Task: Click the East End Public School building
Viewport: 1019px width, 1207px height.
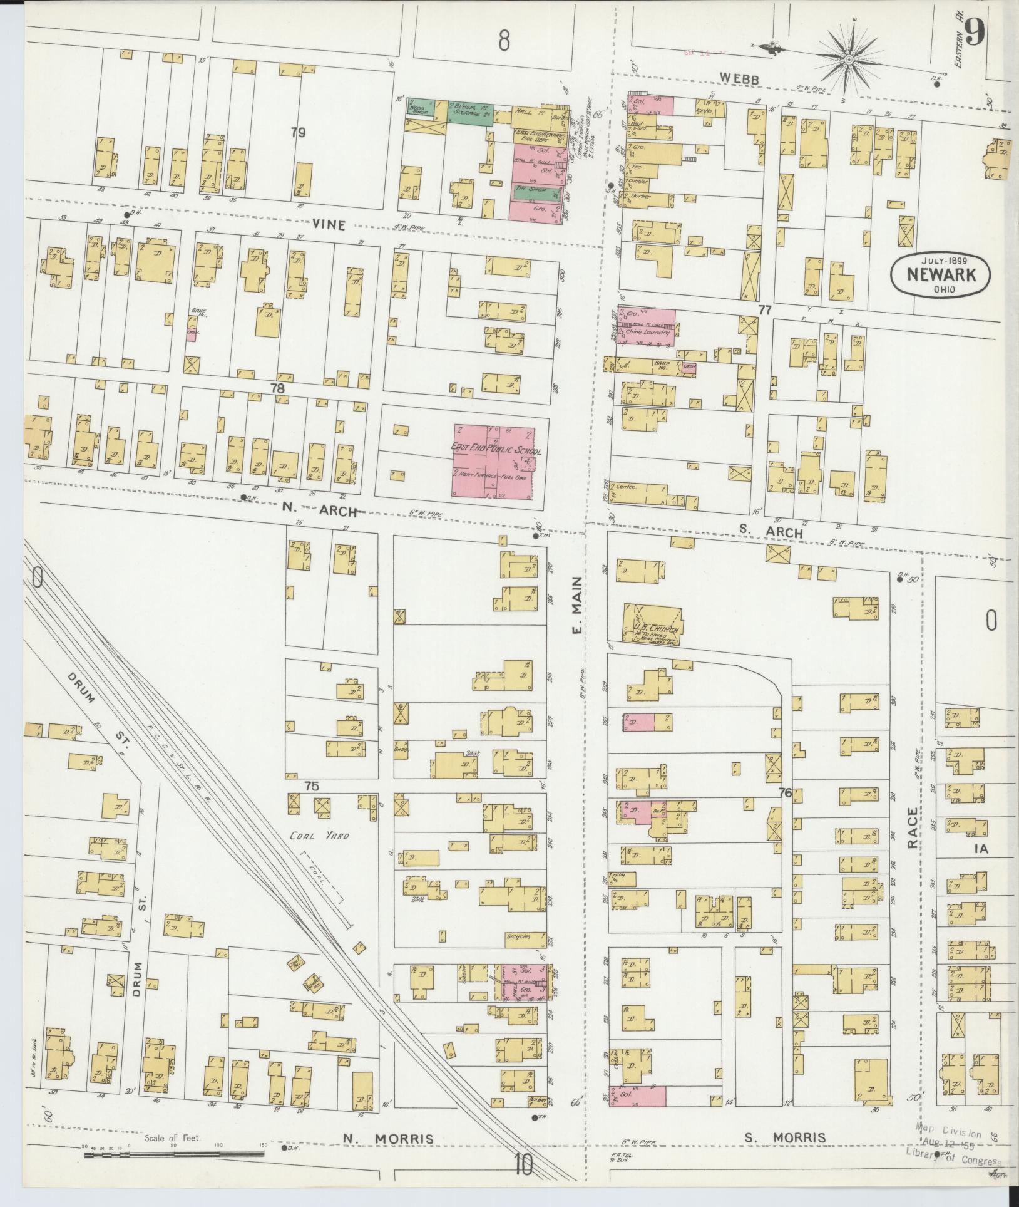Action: (494, 463)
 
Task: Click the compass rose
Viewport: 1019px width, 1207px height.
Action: (849, 60)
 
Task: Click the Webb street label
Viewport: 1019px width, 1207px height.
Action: (739, 79)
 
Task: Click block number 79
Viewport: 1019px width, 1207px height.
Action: (299, 132)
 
